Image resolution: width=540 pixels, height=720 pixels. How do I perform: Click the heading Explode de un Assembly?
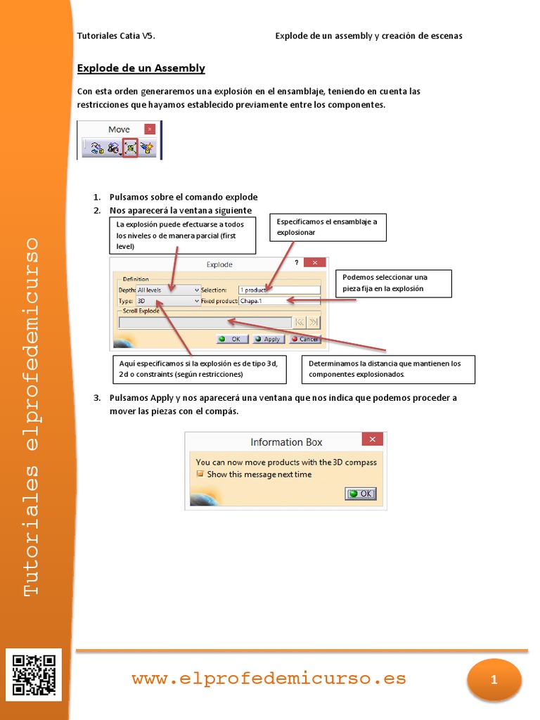point(141,68)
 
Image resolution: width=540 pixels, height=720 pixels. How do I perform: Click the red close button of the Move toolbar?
point(149,129)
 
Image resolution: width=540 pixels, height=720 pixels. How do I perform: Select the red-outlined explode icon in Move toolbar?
point(130,148)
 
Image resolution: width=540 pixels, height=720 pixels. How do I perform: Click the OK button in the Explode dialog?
point(232,339)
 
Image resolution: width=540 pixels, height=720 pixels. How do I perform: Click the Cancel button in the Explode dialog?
point(305,339)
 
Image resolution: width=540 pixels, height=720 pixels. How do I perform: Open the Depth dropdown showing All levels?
point(168,290)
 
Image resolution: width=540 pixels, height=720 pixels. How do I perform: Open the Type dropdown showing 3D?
point(168,301)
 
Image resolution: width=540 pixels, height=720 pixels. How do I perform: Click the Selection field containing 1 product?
point(279,290)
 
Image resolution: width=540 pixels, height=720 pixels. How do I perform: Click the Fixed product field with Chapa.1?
point(279,301)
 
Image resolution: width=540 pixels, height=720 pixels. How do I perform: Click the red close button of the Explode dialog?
point(315,263)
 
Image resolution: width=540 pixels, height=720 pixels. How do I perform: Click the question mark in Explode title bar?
point(296,263)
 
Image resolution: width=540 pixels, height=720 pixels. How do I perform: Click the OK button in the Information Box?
point(361,494)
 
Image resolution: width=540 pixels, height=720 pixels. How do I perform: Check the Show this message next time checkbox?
point(200,475)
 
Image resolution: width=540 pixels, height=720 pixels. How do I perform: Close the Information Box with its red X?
point(372,439)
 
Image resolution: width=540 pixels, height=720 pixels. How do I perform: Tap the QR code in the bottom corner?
point(34,675)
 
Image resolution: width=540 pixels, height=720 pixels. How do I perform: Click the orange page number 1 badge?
point(494,680)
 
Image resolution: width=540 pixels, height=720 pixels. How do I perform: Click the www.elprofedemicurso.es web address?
point(269,679)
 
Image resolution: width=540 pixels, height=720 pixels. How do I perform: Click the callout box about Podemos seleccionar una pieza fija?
point(392,283)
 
